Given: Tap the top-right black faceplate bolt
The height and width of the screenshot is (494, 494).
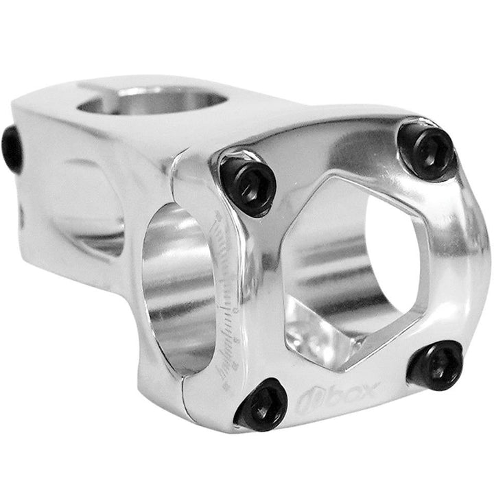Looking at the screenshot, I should pos(427,150).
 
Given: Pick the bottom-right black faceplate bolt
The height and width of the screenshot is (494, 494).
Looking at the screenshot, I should pos(436,364).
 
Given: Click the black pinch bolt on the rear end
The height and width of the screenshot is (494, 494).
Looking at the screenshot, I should pos(12,149).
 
